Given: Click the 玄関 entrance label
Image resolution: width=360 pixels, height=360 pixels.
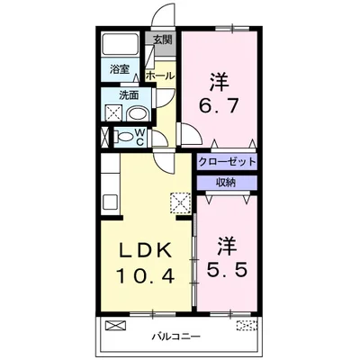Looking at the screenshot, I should (163, 40).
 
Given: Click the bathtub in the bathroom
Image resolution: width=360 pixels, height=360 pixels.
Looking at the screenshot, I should (119, 45).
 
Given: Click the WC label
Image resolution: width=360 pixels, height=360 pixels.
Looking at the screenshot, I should (142, 136).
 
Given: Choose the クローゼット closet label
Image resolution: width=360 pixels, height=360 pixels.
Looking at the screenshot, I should (226, 162).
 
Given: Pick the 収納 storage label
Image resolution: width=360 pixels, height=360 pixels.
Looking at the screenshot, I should (226, 182).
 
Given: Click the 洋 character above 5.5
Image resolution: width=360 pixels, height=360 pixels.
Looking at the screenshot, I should (228, 243).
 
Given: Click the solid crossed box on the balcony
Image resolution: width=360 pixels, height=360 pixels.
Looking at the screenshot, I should (115, 325).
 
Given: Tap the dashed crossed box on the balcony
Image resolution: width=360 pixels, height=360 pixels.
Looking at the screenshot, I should (246, 325).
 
